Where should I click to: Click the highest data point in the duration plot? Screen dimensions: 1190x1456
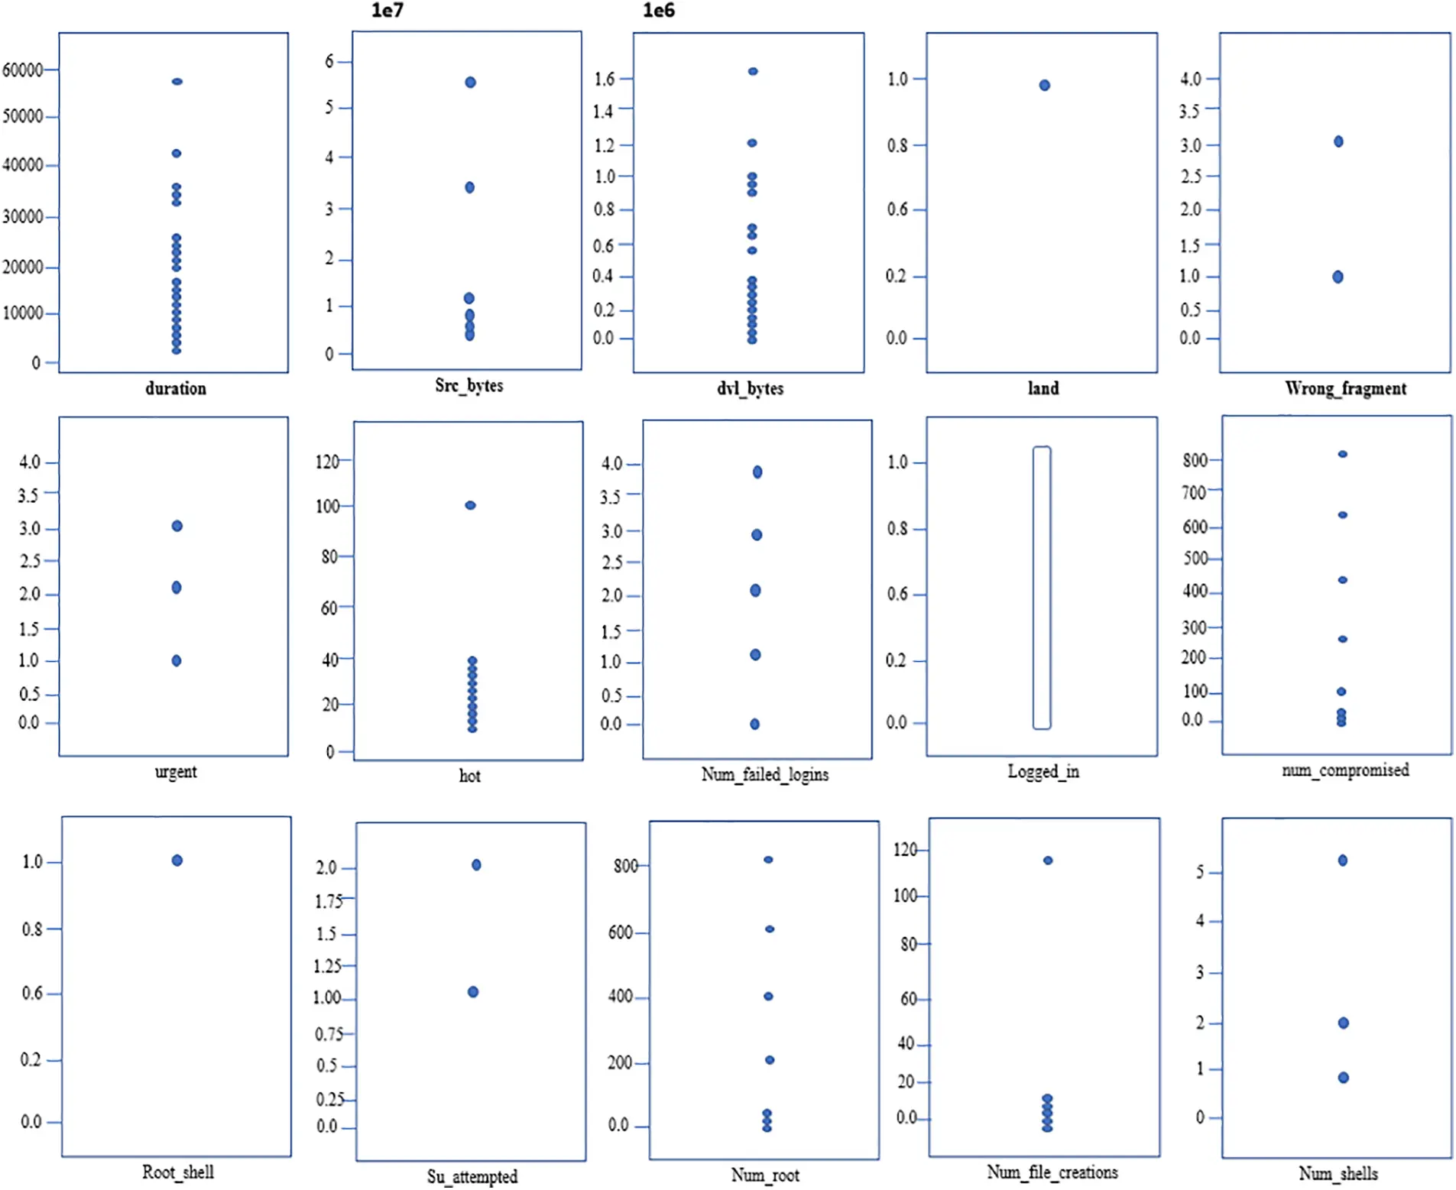tap(177, 81)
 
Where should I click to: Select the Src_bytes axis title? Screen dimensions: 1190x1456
tap(469, 385)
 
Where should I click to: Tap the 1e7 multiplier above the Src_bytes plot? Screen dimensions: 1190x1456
tap(387, 10)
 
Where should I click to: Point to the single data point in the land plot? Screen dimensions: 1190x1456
tap(1044, 85)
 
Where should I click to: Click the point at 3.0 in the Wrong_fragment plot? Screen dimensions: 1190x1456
tap(1338, 141)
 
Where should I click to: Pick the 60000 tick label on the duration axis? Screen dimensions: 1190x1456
tap(22, 70)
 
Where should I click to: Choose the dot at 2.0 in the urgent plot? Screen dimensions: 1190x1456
tap(177, 587)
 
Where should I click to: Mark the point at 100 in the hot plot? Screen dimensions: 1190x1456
tap(470, 505)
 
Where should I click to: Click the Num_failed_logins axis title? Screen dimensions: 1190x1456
tap(764, 774)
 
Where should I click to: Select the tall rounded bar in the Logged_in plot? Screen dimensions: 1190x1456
tap(1041, 587)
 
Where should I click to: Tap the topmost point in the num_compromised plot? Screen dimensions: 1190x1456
tap(1342, 454)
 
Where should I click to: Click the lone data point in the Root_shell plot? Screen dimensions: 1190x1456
tap(177, 861)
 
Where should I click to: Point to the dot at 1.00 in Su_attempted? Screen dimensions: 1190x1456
tap(473, 992)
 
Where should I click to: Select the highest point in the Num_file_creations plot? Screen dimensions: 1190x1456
tap(1048, 861)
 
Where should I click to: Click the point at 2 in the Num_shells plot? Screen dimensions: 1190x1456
tap(1343, 1023)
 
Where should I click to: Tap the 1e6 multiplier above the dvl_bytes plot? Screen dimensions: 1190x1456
tap(658, 10)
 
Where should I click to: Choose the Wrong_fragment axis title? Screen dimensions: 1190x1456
tap(1345, 388)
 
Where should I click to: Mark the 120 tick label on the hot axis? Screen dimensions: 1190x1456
tap(327, 462)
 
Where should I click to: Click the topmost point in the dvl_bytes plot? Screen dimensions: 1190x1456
tap(753, 71)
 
